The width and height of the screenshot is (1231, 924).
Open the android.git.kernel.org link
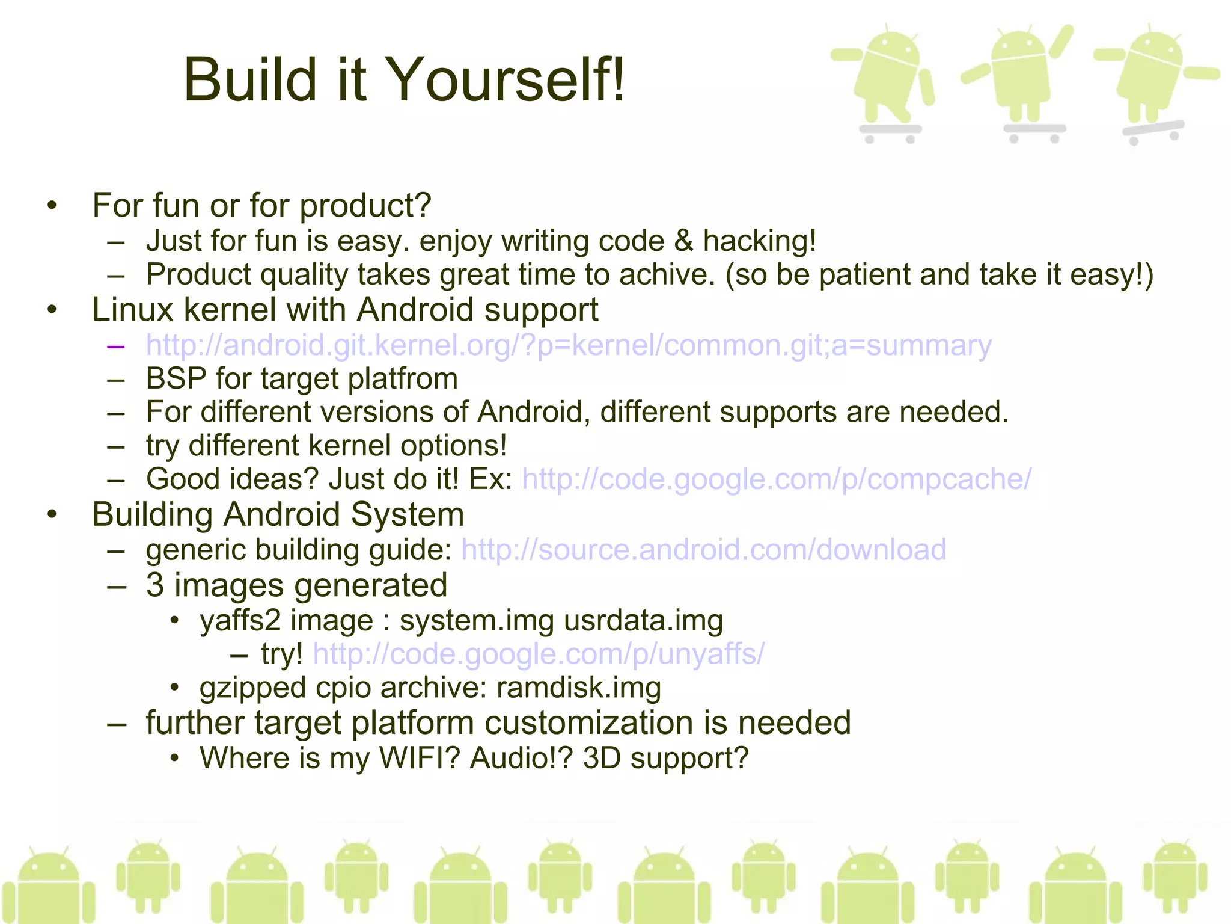tap(569, 346)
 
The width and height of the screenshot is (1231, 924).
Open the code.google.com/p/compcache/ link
tap(777, 479)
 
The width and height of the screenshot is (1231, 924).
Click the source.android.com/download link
tap(703, 550)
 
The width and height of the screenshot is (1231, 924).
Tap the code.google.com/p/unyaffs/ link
tap(539, 654)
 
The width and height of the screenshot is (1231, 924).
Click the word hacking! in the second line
tap(759, 241)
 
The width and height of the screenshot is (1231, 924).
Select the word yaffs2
tap(240, 620)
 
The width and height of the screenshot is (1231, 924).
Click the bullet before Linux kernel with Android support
tap(52, 310)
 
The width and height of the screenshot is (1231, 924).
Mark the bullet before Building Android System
tap(52, 515)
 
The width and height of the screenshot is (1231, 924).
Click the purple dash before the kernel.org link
tap(115, 346)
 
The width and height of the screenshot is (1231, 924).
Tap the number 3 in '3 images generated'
tap(155, 585)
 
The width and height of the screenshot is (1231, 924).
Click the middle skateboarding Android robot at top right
tap(1022, 81)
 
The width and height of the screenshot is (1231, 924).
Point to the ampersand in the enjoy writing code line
tap(683, 241)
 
